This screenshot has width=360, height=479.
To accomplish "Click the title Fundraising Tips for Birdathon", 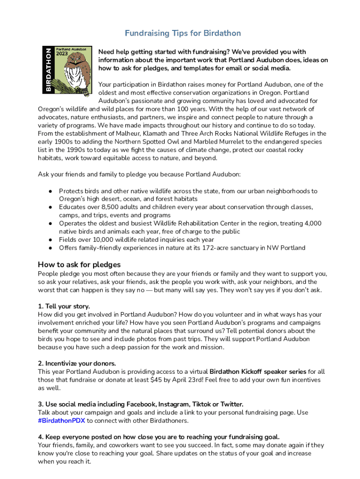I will pos(183,33).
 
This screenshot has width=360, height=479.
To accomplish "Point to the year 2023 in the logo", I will pos(62,53).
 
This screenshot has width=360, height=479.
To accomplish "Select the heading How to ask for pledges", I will pos(79,264).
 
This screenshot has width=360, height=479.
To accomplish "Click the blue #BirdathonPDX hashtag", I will pos(61,421).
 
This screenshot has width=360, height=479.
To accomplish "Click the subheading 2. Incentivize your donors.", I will pos(77,363).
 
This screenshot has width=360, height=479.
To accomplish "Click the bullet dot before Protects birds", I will pos(49,191).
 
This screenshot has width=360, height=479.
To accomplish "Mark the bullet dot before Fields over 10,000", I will pos(49,239).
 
